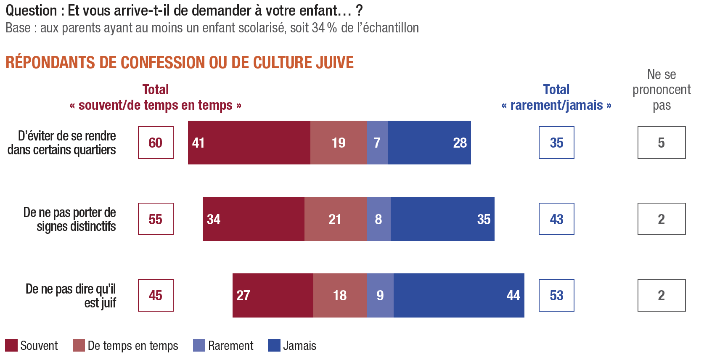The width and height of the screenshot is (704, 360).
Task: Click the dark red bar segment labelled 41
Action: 249,143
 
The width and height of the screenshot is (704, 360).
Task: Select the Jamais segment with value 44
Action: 459,296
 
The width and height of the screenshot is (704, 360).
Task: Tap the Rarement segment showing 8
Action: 378,219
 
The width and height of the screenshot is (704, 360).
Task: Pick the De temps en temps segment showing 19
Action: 339,143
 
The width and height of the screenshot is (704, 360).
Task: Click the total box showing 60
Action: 156,143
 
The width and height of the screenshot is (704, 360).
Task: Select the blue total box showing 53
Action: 556,296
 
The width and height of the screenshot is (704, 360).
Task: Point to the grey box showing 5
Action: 662,143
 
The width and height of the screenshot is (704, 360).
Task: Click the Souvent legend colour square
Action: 11,345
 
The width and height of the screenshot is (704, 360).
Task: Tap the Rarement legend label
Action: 230,346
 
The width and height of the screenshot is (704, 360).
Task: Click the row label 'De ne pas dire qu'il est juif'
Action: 71,296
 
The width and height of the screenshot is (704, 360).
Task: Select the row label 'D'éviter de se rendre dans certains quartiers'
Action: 62,143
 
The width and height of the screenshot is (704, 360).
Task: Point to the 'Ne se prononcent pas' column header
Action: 662,90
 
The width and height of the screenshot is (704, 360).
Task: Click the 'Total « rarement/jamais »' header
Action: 556,97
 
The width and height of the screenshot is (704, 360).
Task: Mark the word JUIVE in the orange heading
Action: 335,62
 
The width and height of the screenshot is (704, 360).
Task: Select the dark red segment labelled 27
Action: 273,296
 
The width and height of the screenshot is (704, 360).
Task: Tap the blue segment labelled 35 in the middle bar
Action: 442,219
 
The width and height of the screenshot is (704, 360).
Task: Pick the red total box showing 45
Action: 156,296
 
